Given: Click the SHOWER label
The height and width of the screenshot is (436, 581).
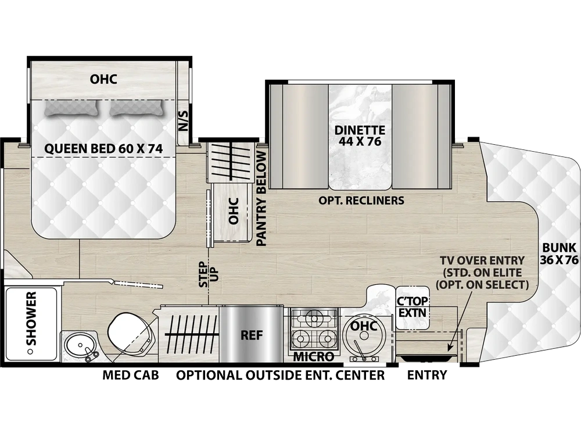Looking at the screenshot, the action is [x=32, y=319].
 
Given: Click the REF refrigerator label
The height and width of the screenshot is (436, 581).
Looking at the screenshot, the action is [x=252, y=335].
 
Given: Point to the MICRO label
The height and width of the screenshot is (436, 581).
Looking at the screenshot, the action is [x=314, y=357].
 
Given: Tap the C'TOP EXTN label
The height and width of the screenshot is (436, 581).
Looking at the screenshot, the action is [x=413, y=306].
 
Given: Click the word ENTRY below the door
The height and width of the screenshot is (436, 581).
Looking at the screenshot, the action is [x=427, y=375].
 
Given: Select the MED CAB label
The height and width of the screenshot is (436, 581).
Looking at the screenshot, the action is [x=130, y=375].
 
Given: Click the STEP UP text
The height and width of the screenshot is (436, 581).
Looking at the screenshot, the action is [x=209, y=274].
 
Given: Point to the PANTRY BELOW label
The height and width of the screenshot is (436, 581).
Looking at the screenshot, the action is [x=261, y=199].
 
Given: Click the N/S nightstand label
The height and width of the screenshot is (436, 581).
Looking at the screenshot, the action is [x=184, y=121].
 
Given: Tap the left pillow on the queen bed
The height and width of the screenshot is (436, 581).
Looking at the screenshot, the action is [x=71, y=108].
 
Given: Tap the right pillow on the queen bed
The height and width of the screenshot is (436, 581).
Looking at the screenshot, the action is [x=137, y=108].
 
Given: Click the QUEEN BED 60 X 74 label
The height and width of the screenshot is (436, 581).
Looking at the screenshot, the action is [x=103, y=149].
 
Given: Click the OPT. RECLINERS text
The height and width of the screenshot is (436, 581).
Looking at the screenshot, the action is [x=361, y=200].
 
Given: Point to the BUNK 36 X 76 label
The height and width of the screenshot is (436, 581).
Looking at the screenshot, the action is [x=559, y=253].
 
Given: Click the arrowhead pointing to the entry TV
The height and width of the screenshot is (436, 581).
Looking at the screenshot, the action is [x=450, y=348].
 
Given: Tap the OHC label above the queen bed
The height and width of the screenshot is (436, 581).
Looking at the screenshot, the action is [x=103, y=79].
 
